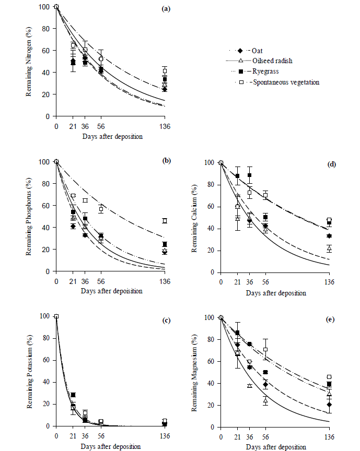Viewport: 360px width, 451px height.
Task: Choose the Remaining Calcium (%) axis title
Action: (200, 218)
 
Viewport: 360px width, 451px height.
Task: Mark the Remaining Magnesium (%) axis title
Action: (200, 372)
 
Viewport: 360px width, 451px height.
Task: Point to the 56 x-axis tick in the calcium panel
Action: (265, 282)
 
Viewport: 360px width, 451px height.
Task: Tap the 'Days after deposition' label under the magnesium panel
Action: (275, 447)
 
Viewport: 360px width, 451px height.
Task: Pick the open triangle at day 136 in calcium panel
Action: (330, 248)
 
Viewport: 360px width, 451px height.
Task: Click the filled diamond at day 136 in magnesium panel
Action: (330, 405)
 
